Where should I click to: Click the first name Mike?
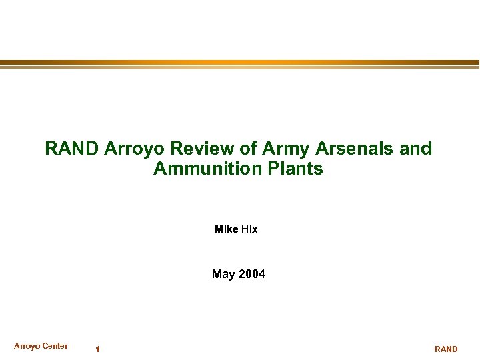pos(227,229)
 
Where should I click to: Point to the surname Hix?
pos(249,229)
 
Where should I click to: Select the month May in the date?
pos(223,274)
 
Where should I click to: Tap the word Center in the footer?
pos(55,345)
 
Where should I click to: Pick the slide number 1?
pos(97,349)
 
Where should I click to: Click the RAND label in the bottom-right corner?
pos(446,349)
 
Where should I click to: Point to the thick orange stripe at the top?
pos(240,63)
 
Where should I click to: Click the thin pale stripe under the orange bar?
pos(240,67)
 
